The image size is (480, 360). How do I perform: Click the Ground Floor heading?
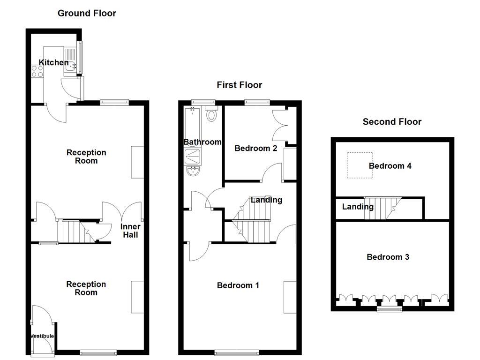pos(87,13)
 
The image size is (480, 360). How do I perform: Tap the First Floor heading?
pos(239,85)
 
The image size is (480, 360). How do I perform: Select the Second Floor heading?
pos(392,122)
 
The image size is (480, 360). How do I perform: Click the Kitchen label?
pos(53,62)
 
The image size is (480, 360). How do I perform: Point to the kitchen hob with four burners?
pos(37,71)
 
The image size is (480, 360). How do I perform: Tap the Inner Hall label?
pos(130,231)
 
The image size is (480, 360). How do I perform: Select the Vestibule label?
pos(42,336)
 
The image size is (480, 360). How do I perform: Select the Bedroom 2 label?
pos(255,149)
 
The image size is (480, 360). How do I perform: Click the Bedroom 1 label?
pos(238,285)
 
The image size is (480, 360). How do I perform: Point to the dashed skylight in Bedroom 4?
pos(360,165)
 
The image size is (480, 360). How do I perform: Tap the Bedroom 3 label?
pos(388,257)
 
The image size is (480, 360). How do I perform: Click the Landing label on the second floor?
pos(358,207)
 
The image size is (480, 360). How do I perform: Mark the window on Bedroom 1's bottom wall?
pos(237,352)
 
